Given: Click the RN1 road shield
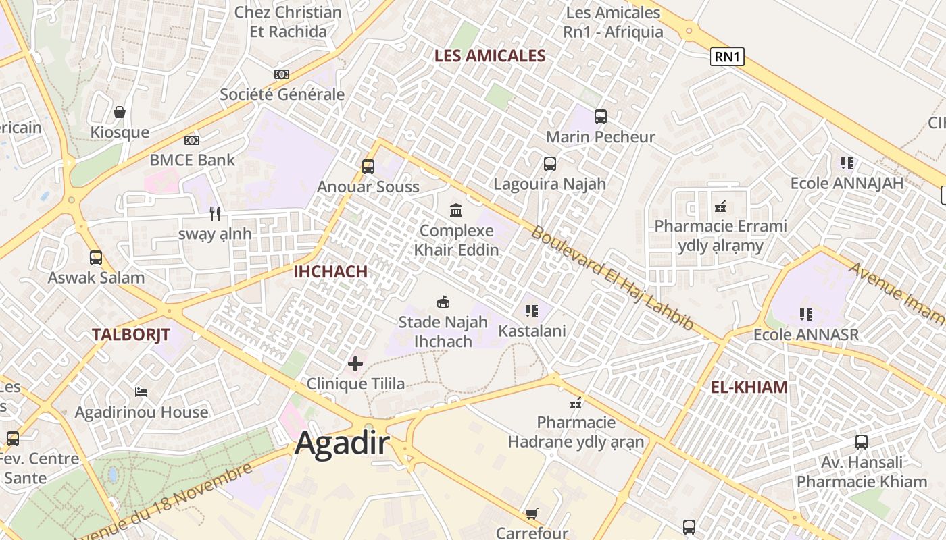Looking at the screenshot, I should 727,57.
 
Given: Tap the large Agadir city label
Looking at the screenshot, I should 343,443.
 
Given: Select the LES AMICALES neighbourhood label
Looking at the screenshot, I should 489,56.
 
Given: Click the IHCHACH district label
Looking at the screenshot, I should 330,272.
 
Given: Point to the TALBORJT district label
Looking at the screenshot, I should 131,334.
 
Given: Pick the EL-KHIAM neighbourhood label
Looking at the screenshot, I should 749,387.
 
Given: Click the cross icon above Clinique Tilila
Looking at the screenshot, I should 355,364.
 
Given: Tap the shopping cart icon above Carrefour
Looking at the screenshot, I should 532,514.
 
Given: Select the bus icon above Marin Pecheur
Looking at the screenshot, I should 600,117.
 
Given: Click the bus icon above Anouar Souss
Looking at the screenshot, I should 368,167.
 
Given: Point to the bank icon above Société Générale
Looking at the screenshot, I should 282,74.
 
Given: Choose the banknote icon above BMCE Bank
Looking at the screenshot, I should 192,140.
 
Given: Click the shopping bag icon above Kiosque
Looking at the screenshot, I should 120,112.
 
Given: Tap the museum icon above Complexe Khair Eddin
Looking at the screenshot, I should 456,211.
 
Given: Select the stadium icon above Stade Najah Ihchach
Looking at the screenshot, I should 443,302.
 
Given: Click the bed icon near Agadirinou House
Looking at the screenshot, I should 141,392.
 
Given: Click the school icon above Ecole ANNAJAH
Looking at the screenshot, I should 847,163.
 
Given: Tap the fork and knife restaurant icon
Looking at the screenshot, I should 215,214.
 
